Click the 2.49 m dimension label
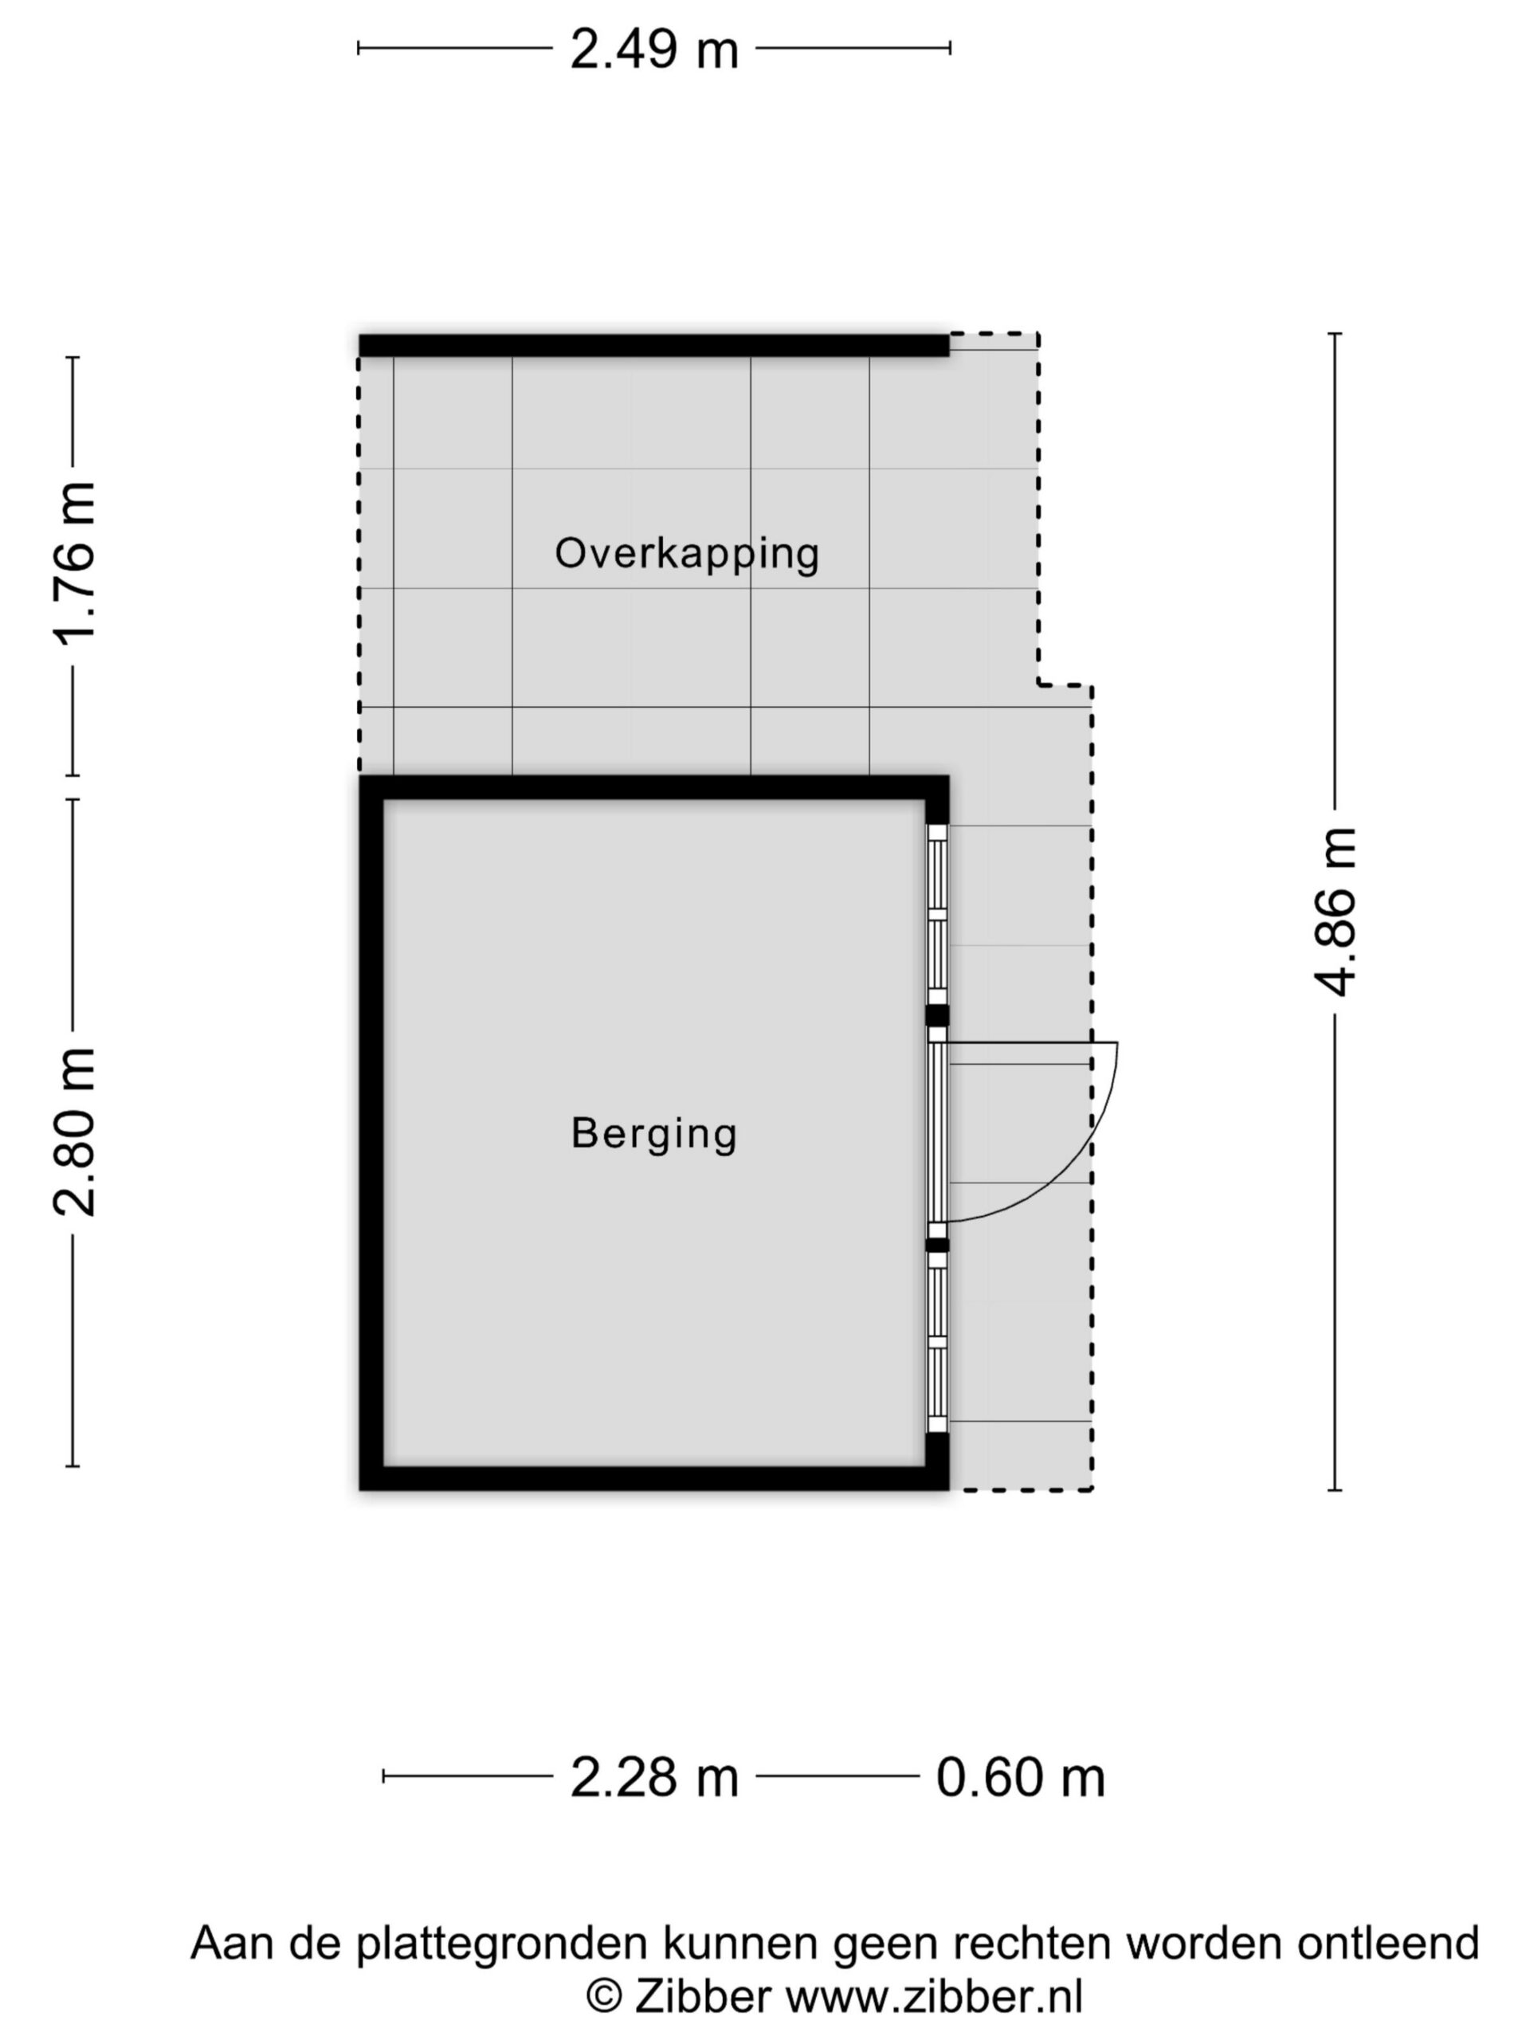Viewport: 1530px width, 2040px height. coord(654,49)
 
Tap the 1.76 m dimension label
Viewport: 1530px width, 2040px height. coord(75,563)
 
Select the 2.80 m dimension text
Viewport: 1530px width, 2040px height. coord(75,1132)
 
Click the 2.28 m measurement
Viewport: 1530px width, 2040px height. coord(654,1777)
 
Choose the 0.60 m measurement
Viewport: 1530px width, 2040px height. coord(1020,1777)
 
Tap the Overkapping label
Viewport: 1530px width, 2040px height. coord(687,555)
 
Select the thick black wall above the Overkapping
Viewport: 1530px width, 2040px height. coord(654,346)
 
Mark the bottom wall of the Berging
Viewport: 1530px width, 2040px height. coord(654,1478)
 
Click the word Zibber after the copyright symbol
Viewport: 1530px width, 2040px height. coord(703,1998)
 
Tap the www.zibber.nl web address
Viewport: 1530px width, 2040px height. coord(934,1998)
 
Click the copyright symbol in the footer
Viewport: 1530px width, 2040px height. coord(604,1999)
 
